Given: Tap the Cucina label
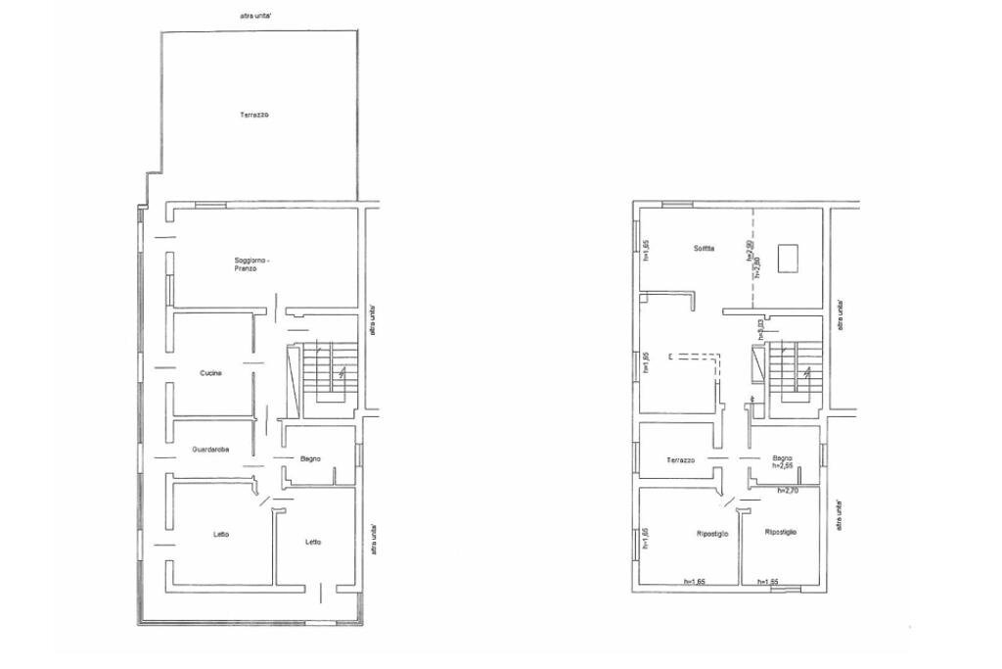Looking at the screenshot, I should [x=211, y=373].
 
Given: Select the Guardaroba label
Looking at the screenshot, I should [x=210, y=450].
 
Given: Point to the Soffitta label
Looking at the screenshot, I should [x=704, y=249].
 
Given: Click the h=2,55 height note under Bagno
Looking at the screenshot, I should [x=782, y=467].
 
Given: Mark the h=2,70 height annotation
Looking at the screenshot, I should [x=788, y=490].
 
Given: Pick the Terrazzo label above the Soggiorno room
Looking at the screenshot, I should [x=254, y=116].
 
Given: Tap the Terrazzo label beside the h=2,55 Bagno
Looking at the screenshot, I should [x=680, y=460].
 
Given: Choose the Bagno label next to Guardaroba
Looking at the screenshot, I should [x=311, y=457].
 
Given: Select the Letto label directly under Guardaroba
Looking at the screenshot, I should [x=221, y=534].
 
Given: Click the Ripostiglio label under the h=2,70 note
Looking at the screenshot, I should [x=781, y=532].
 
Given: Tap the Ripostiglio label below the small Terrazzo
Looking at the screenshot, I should [x=711, y=535].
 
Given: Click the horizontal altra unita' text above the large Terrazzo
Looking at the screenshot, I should [x=256, y=16].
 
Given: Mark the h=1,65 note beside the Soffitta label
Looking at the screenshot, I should [x=646, y=253].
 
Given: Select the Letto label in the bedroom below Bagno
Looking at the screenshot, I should [x=312, y=542].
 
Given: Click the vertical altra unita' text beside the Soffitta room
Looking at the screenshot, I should [x=839, y=316].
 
